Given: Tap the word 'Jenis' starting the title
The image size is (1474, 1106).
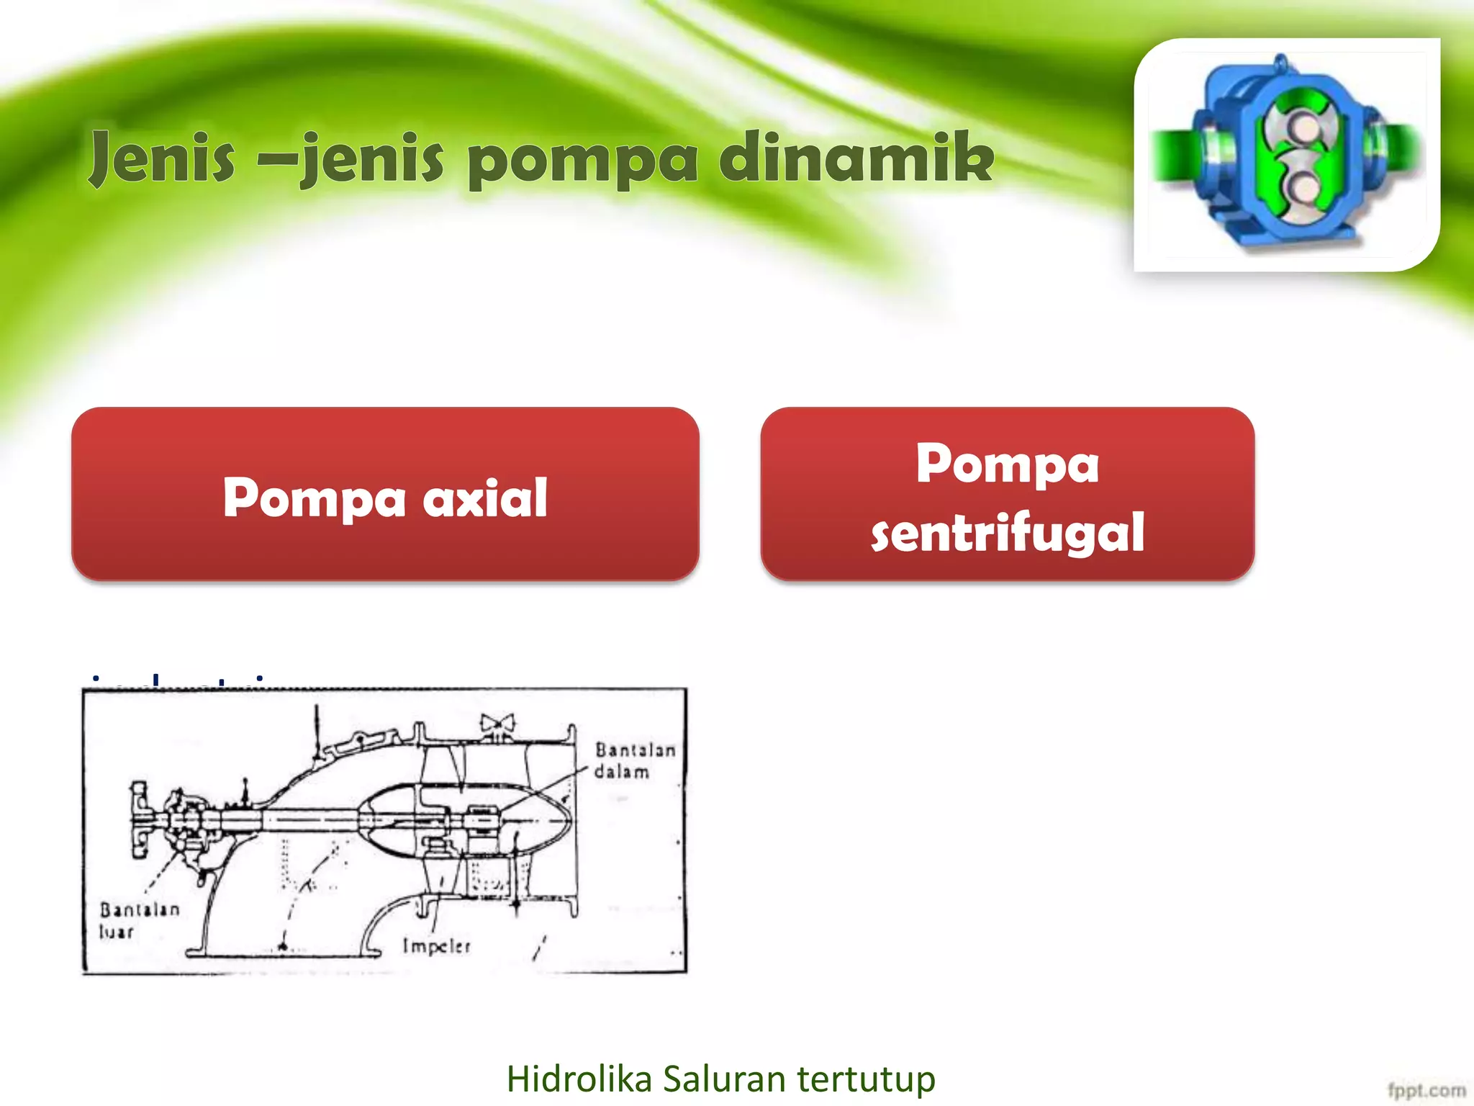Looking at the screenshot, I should pos(163,158).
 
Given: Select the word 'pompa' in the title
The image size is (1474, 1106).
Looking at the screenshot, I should pos(582,162).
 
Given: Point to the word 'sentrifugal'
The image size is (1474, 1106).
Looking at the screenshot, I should pos(1007,532).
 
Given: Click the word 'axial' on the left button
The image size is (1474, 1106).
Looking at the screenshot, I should pos(485,498).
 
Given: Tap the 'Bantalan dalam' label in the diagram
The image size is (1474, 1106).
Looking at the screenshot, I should pos(634,760).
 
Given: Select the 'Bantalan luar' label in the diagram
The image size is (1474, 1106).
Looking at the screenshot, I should pos(139,920).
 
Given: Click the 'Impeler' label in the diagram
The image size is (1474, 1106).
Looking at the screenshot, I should pos(436,945).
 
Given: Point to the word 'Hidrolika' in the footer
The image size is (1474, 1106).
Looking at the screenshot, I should pos(579,1079).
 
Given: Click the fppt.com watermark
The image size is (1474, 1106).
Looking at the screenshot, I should pos(1426,1091).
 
